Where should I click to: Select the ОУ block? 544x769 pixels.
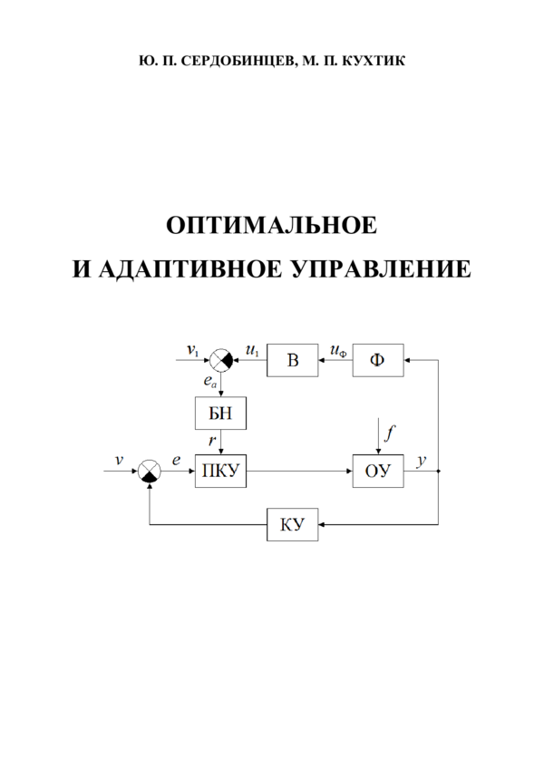[x=377, y=472]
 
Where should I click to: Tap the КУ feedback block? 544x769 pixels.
[x=293, y=524]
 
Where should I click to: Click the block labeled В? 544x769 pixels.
[x=292, y=361]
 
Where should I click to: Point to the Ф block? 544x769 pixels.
[x=377, y=361]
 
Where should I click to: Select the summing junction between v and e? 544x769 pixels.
[x=151, y=472]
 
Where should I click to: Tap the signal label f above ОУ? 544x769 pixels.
[x=389, y=433]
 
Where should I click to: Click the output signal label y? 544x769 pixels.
[x=421, y=461]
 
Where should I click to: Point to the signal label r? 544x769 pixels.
[x=211, y=441]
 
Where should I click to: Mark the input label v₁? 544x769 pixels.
[x=192, y=350]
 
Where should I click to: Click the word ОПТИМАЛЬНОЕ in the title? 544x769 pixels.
[x=271, y=226]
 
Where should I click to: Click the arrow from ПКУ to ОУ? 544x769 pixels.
[x=299, y=472]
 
